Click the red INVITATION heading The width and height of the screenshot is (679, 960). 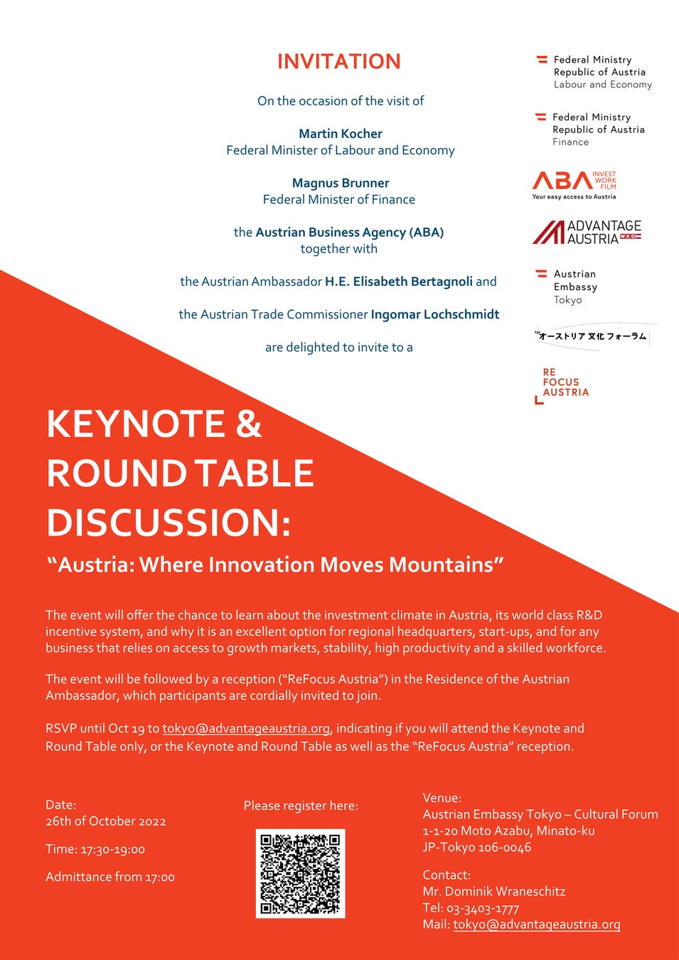point(338,62)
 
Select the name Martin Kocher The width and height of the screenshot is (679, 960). point(340,134)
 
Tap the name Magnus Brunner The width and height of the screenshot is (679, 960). point(340,183)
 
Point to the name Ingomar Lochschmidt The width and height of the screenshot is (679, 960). point(434,314)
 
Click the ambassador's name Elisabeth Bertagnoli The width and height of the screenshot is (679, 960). point(399,282)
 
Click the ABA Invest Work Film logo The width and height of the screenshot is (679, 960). point(574,184)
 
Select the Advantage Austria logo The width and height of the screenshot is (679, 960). point(587,232)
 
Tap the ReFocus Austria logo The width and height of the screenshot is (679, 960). point(562,385)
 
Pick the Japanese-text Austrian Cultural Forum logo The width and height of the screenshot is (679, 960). point(593,336)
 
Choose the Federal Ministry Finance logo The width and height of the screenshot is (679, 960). point(591,129)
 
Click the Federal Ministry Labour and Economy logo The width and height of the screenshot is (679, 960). point(594,72)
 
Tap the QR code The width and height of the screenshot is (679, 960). point(300,873)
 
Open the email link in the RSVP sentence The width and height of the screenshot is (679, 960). point(246,728)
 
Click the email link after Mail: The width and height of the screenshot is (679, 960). point(536,924)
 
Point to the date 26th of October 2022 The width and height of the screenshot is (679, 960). point(106,821)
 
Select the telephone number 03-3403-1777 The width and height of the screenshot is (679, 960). point(483,908)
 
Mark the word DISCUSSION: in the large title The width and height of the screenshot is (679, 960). point(169,523)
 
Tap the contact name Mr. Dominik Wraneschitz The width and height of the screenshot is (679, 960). point(494,892)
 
